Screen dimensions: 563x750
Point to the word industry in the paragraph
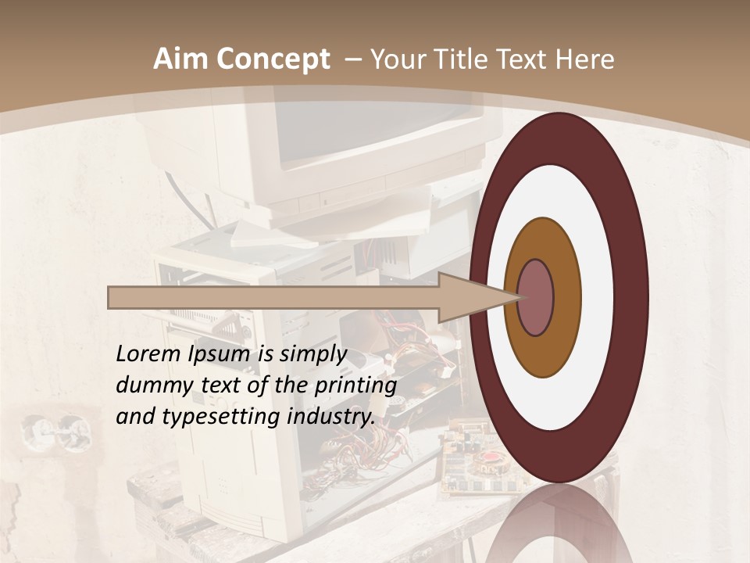330,417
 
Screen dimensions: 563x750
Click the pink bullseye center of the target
536,297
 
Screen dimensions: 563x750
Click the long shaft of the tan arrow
273,297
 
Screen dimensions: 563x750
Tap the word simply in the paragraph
312,354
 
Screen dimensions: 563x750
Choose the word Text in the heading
524,59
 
